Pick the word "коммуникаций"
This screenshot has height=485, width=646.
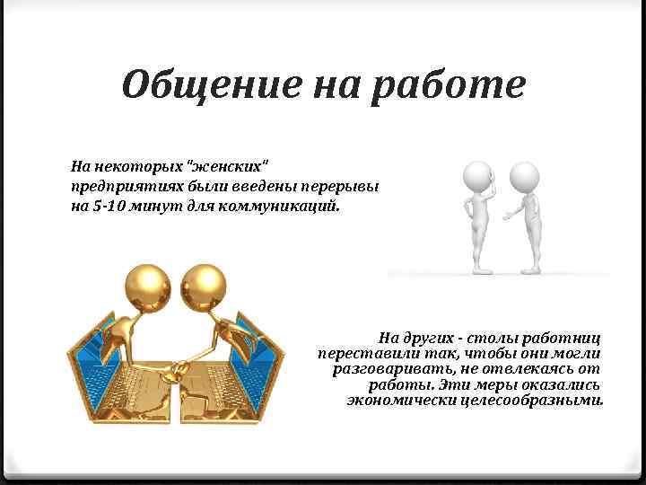coord(288,205)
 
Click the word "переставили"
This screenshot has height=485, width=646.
coord(363,353)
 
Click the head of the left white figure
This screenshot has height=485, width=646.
coord(478,174)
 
